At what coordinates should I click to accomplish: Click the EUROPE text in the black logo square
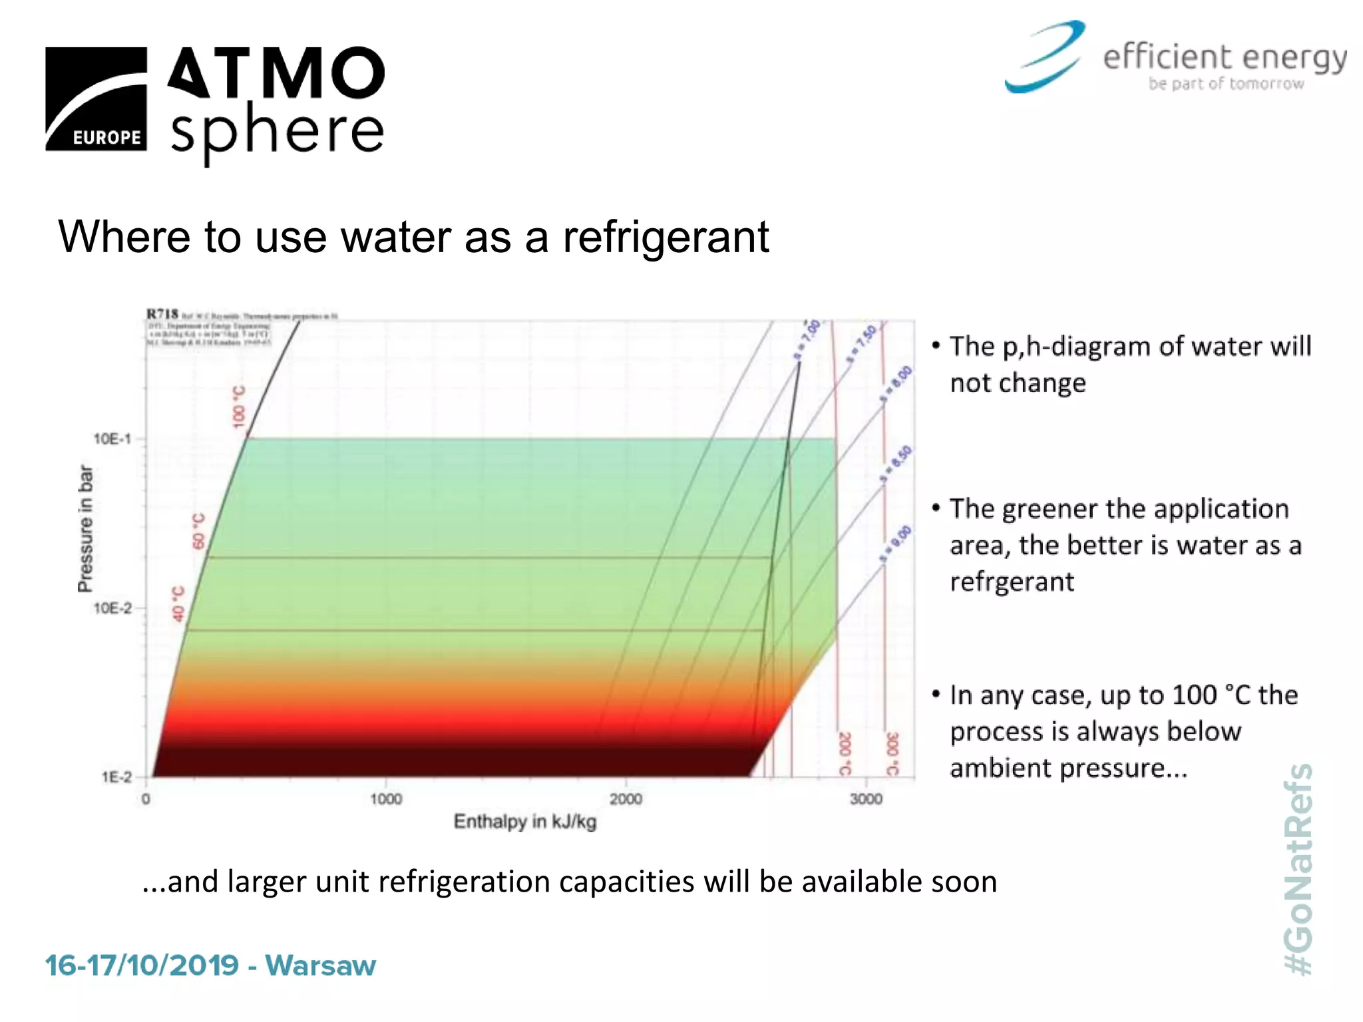coord(106,137)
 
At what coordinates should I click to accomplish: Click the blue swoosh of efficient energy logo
coord(1046,57)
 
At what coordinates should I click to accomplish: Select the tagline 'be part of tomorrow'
coord(1226,84)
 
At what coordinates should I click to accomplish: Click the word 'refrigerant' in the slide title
coord(666,237)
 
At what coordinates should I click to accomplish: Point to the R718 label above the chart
coord(162,313)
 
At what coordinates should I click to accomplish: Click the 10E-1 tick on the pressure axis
coord(112,439)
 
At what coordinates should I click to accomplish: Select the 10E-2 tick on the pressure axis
coord(112,608)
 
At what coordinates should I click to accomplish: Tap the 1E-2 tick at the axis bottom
coord(116,777)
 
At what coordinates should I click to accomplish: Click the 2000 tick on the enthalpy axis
coord(626,798)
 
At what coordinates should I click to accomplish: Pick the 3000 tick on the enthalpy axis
coord(865,798)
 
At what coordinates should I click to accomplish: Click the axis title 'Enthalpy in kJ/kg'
coord(524,822)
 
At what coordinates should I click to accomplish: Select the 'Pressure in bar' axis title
coord(85,528)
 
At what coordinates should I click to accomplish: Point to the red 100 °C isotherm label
coord(239,407)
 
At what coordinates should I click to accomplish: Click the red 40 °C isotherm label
coord(178,603)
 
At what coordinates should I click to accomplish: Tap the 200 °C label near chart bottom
coord(844,753)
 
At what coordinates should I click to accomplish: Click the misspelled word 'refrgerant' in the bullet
coord(1012,582)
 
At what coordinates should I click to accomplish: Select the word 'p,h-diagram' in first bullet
coord(1076,347)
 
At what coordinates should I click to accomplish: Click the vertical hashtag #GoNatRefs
coord(1298,869)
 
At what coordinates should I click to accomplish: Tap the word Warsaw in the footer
coord(320,965)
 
